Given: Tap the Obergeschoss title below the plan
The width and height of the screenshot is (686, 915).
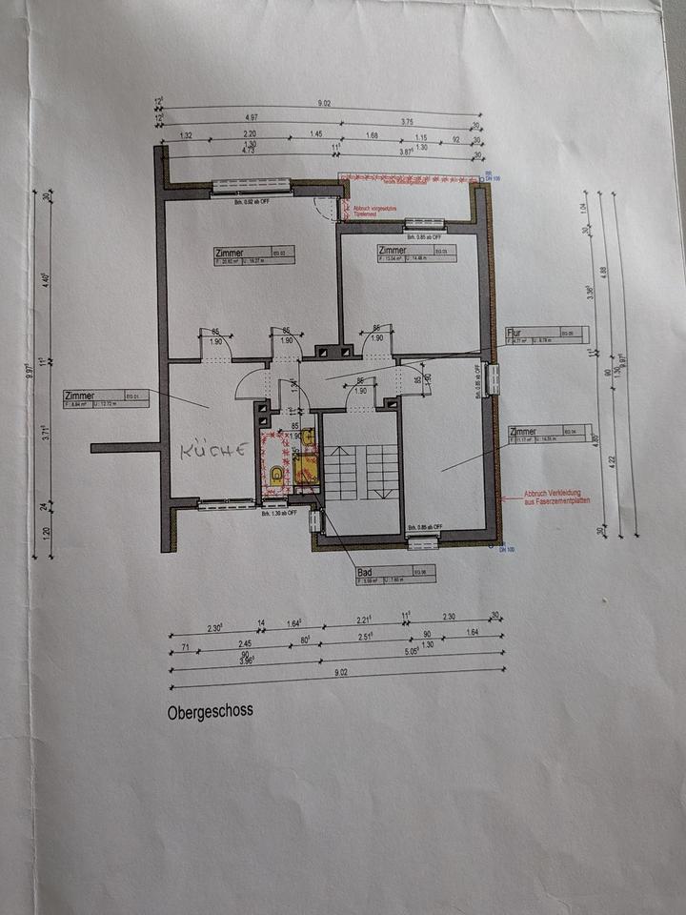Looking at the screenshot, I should point(210,711).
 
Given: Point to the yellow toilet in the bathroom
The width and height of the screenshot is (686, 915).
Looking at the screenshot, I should point(276,471).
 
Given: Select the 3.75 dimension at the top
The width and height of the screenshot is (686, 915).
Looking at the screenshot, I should point(407,122).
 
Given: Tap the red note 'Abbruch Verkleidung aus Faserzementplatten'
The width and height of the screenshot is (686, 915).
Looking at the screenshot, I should point(556,497).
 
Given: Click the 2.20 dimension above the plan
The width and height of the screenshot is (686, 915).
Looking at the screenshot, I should point(251,134).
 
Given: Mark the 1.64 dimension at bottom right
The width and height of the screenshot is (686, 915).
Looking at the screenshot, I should point(473,632).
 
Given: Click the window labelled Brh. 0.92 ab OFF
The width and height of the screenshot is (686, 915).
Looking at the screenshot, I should point(251,185).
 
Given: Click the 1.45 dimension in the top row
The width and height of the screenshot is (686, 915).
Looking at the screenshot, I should point(315,134).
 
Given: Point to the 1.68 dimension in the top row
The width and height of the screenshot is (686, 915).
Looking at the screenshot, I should point(372,135).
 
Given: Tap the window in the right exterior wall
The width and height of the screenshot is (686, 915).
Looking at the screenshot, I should point(494,379).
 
